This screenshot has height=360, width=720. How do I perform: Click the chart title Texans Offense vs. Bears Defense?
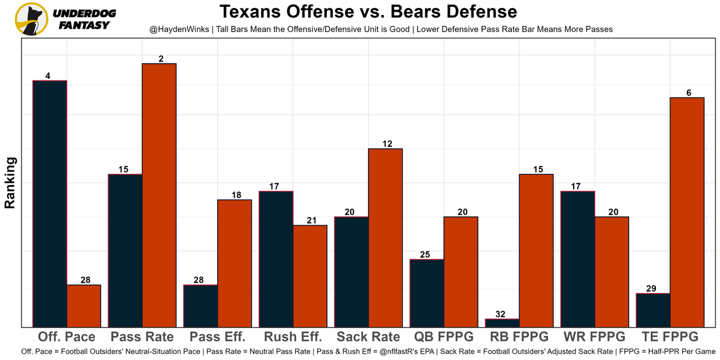pyautogui.click(x=368, y=12)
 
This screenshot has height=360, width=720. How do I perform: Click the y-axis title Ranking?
pyautogui.click(x=10, y=183)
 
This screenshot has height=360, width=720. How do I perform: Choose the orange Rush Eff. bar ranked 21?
pyautogui.click(x=310, y=276)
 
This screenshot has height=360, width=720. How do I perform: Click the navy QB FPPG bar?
pyautogui.click(x=427, y=292)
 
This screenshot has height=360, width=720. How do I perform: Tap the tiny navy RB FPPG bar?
pyautogui.click(x=502, y=323)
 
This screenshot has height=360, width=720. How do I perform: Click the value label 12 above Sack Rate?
pyautogui.click(x=385, y=143)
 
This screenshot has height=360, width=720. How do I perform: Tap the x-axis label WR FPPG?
pyautogui.click(x=594, y=337)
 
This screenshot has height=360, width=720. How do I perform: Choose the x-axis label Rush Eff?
pyautogui.click(x=292, y=337)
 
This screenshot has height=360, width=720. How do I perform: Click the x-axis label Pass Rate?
pyautogui.click(x=142, y=337)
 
